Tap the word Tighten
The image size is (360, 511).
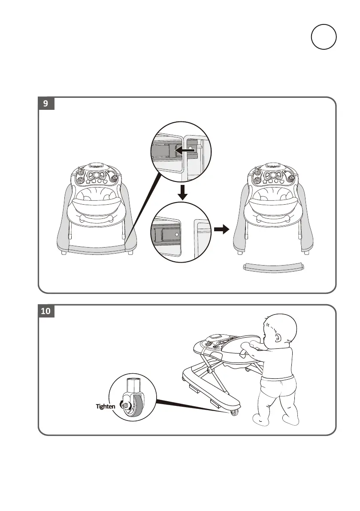click(x=106, y=405)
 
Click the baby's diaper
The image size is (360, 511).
click(x=281, y=390)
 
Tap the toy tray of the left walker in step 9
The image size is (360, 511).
click(x=97, y=175)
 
